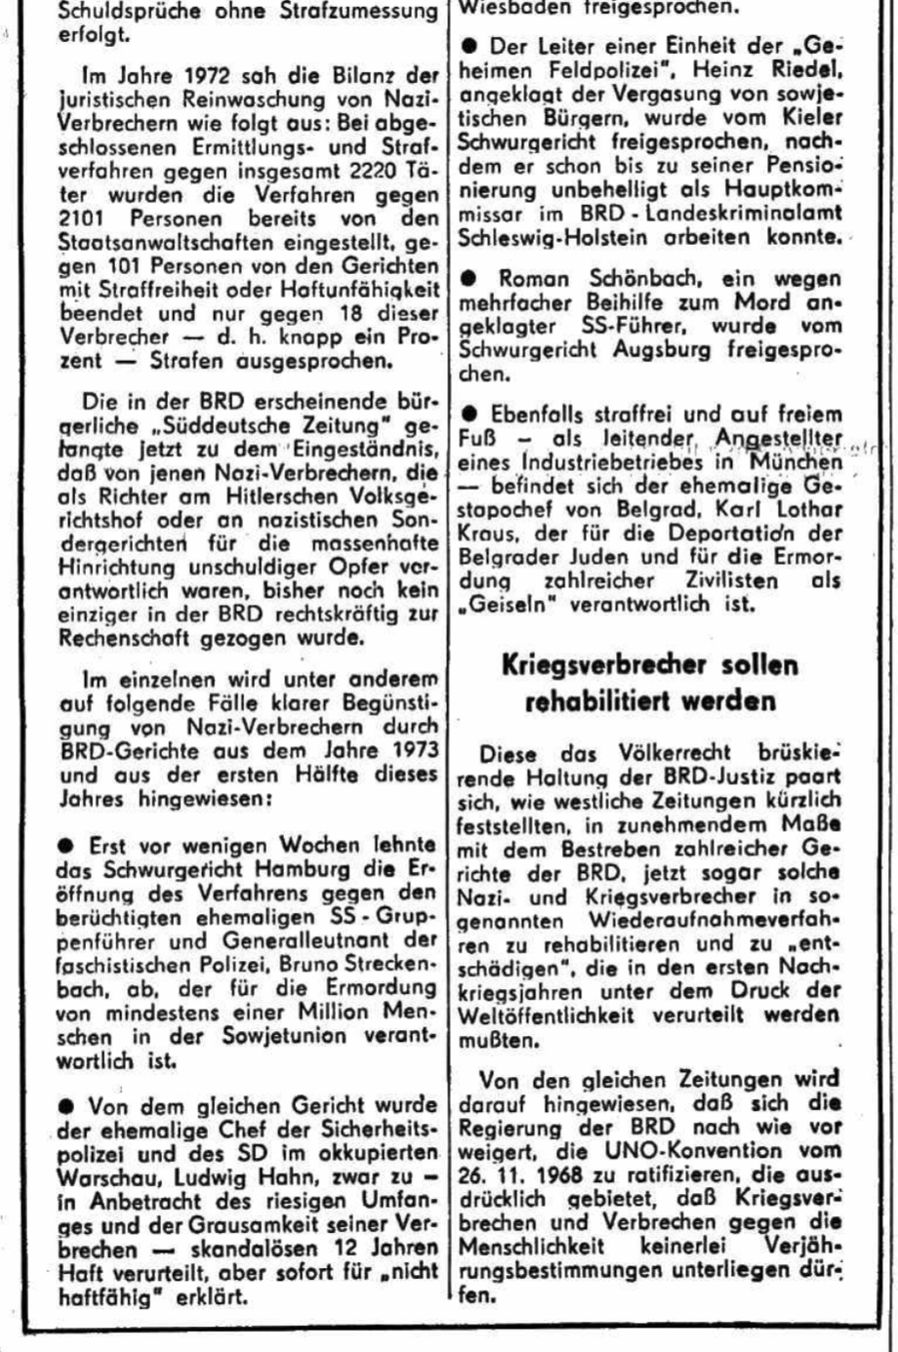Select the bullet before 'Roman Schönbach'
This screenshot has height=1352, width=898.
[470, 279]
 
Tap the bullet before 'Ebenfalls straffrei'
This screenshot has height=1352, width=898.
[470, 414]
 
